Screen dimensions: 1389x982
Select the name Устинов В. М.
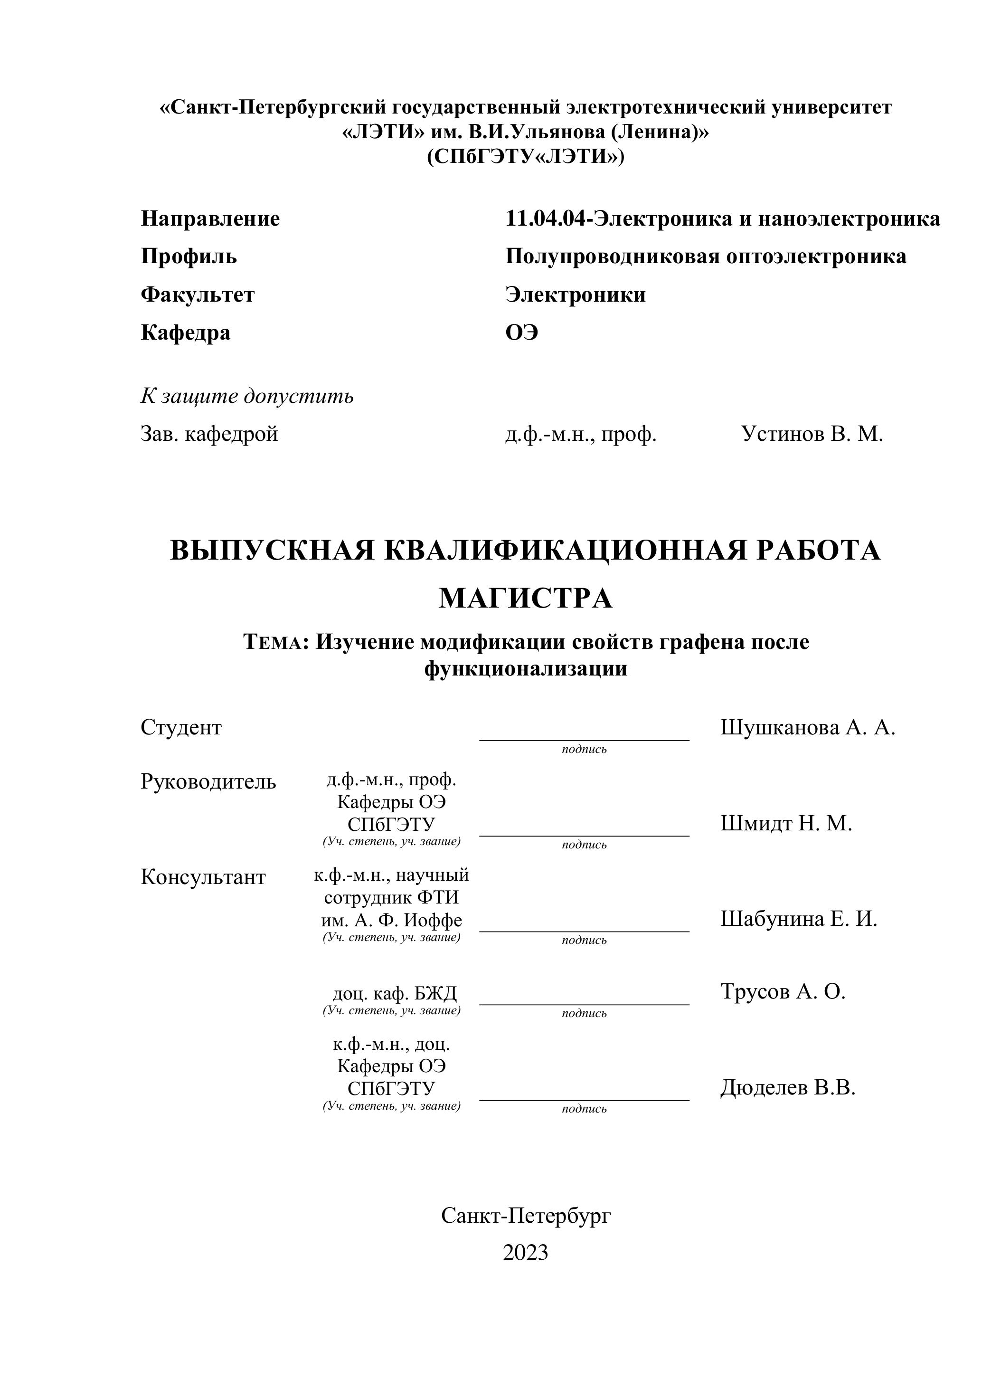812,434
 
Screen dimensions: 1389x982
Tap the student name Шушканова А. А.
807,727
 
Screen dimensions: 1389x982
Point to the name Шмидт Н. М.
786,823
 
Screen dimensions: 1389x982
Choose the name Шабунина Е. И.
798,919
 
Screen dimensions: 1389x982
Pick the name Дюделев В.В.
788,1088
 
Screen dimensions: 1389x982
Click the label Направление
210,219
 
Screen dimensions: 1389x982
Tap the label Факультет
198,295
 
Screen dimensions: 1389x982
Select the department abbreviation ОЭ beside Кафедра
522,333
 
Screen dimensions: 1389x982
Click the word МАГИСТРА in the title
525,599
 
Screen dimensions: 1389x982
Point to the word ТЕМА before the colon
272,642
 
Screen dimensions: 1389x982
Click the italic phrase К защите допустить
247,396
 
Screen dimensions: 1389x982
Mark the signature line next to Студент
584,739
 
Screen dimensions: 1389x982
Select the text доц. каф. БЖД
395,993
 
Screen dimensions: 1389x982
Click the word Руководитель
208,781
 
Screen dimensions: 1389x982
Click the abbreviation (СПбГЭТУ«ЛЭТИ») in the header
525,157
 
